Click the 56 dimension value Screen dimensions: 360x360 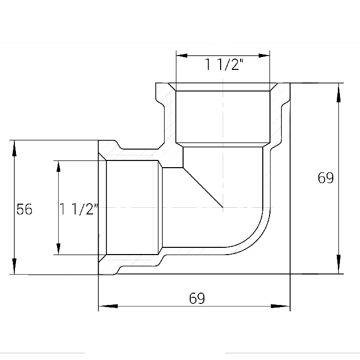(x=24, y=209)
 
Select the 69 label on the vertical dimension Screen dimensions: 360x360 (x=326, y=178)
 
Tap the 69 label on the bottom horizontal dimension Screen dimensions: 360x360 (x=197, y=298)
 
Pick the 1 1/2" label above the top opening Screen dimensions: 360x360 (x=224, y=64)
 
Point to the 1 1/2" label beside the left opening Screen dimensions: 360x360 (x=79, y=209)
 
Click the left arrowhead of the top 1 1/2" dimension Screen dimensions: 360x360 (x=182, y=56)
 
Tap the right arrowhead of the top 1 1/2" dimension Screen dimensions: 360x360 (x=264, y=56)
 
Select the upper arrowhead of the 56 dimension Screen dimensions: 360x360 (x=14, y=148)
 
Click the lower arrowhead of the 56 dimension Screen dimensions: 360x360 (x=14, y=266)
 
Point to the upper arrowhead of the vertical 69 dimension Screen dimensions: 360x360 (x=338, y=93)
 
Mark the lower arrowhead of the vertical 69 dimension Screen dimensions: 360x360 (x=338, y=264)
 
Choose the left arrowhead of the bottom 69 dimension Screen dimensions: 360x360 (x=108, y=306)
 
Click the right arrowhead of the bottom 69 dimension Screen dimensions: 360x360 (x=280, y=306)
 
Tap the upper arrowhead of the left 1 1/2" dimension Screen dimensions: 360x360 (x=58, y=167)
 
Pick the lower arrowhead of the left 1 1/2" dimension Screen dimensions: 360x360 (x=58, y=249)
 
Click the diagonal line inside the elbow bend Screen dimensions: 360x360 (x=203, y=188)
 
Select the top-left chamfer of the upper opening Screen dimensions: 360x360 (x=172, y=87)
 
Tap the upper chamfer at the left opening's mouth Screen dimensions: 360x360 (x=102, y=156)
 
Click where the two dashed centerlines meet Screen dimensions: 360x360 (x=223, y=208)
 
